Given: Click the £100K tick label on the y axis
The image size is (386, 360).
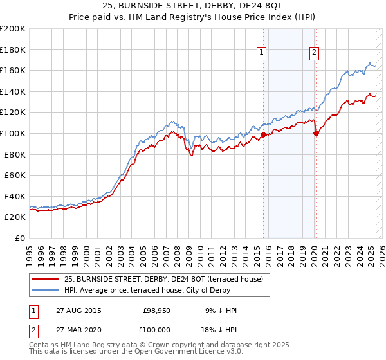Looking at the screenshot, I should point(13,133).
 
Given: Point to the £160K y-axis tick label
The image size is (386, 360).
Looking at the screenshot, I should point(13,70).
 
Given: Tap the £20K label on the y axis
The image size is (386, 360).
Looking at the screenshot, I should point(15,217).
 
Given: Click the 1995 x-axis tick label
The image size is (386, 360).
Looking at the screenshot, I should point(30,251).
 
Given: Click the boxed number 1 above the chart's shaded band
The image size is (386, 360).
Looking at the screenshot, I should point(263,53).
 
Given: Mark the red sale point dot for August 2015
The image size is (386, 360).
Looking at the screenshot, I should point(263,134).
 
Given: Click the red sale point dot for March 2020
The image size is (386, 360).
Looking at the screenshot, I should point(316,134).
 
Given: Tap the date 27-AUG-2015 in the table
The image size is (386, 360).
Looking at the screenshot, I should point(78,310).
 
